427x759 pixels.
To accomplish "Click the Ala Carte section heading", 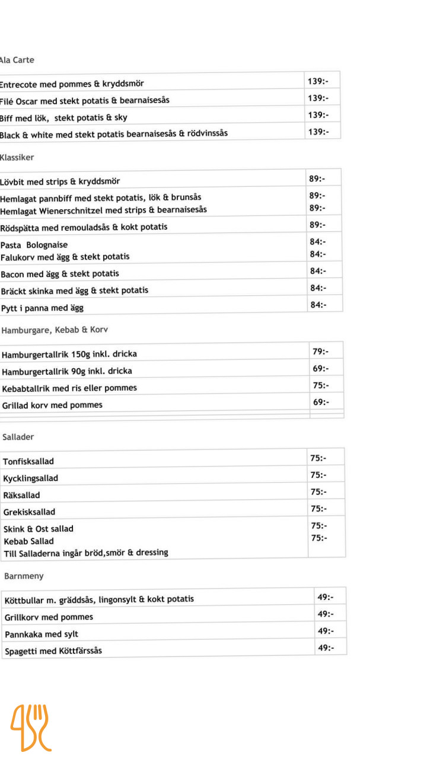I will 17,60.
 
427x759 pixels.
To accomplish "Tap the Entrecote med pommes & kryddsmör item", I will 71,84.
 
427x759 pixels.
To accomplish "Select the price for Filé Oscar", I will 317,98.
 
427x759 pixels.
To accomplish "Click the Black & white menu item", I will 113,135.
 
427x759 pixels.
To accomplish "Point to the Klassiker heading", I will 17,158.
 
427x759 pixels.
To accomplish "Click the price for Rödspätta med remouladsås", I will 317,225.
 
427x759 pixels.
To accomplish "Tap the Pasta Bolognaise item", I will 34,245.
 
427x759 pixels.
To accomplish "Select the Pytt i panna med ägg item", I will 42,308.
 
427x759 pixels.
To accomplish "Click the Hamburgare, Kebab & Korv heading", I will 55,330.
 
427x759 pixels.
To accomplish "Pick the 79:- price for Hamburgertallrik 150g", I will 321,352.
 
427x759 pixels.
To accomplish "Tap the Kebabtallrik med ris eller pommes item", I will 69,388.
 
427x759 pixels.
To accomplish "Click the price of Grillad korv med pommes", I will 321,402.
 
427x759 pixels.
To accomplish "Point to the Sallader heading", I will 18,437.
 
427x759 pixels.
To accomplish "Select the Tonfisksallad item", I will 28,461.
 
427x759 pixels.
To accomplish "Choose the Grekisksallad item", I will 29,512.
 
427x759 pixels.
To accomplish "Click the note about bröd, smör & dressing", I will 86,553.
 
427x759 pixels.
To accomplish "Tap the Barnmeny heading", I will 24,576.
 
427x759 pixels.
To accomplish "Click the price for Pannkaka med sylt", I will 326,631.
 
